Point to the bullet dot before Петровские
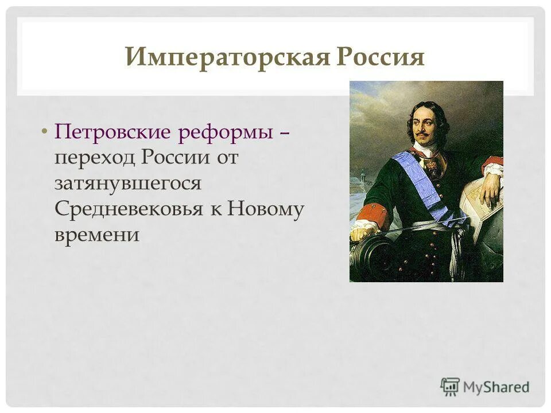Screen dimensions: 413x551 coord(45,133)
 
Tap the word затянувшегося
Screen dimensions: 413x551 coord(128,184)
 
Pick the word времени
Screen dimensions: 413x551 coord(97,235)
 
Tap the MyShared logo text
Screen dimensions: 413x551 coord(496,387)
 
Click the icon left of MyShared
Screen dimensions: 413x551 coord(451,387)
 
